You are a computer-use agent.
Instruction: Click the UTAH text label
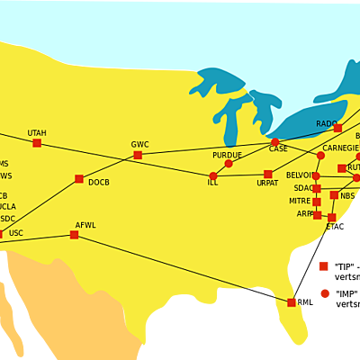[x=37, y=132]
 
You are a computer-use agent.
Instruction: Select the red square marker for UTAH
[x=37, y=143]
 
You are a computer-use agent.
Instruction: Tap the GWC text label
[x=139, y=144]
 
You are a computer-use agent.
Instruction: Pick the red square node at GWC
[x=138, y=155]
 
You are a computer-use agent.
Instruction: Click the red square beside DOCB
[x=79, y=179]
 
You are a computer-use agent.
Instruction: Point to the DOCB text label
[x=99, y=183]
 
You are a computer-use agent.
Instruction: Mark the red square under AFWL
[x=74, y=235]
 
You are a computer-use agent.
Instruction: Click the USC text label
[x=16, y=233]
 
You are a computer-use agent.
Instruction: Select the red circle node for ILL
[x=213, y=175]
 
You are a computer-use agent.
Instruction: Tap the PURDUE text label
[x=227, y=155]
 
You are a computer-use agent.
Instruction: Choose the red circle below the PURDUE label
[x=229, y=164]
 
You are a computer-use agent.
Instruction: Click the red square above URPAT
[x=267, y=174]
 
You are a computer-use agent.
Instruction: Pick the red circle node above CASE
[x=275, y=141]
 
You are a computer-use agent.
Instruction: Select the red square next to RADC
[x=337, y=128]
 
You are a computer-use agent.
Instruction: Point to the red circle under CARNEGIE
[x=320, y=156]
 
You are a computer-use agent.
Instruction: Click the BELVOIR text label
[x=300, y=175]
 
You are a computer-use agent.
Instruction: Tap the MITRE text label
[x=300, y=201]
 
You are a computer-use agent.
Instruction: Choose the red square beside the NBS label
[x=334, y=195]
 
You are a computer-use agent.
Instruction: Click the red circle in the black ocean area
[x=325, y=293]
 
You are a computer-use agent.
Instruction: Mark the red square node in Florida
[x=292, y=302]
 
